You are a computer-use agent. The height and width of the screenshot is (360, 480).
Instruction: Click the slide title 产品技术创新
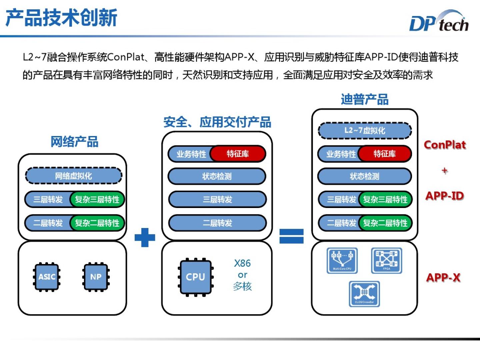(x=62, y=18)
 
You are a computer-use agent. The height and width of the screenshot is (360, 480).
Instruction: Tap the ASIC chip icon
(x=47, y=277)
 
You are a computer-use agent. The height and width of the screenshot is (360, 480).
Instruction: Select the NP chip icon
(x=96, y=277)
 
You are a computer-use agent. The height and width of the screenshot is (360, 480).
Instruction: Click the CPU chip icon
(x=196, y=277)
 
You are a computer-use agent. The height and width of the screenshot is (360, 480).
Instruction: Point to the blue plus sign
(x=145, y=237)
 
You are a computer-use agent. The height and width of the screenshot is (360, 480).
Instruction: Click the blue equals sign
(x=291, y=236)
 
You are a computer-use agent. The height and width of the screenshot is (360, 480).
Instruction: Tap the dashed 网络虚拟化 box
(x=73, y=176)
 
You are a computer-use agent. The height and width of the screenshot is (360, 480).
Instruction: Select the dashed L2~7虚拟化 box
(x=365, y=130)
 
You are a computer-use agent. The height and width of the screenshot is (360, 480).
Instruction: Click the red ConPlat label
(x=445, y=145)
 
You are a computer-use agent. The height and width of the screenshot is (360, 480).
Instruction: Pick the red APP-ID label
(x=445, y=196)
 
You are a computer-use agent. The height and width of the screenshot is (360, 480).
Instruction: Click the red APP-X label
(x=443, y=277)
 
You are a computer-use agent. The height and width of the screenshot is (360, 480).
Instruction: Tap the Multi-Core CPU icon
(x=342, y=260)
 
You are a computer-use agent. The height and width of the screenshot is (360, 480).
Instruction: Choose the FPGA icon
(x=387, y=260)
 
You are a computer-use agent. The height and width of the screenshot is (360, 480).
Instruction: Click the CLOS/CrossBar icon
(x=364, y=294)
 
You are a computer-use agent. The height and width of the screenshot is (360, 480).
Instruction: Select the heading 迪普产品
(x=365, y=99)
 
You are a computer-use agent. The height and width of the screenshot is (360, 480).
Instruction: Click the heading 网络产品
(x=74, y=142)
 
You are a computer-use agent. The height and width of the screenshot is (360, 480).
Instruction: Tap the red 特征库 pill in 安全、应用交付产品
(x=238, y=154)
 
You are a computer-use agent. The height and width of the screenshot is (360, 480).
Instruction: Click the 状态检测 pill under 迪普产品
(x=365, y=176)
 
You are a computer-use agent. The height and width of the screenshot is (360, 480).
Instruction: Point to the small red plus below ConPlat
(x=444, y=171)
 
